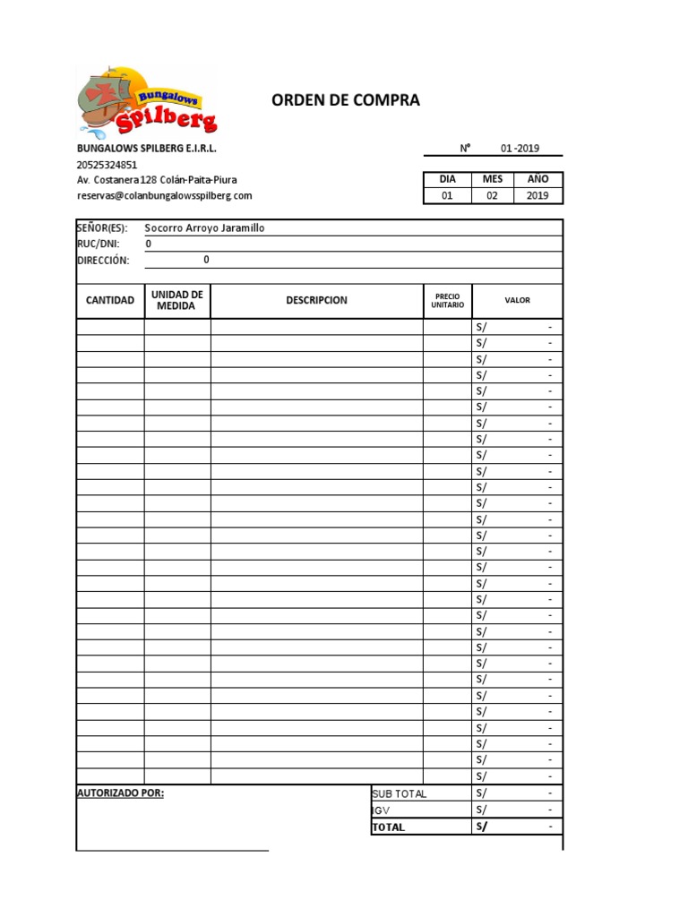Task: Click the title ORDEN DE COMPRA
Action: click(x=346, y=100)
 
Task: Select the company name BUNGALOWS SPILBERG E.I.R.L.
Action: click(x=147, y=149)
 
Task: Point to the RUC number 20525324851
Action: click(x=107, y=165)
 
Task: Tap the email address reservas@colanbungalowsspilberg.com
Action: click(x=165, y=195)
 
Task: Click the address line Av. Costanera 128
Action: click(x=157, y=180)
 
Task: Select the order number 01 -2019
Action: click(x=520, y=149)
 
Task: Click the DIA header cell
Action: click(x=447, y=179)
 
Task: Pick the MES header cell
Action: click(x=493, y=179)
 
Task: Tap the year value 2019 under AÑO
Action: click(x=537, y=195)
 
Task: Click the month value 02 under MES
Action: click(x=493, y=195)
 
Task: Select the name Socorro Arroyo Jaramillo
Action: click(x=204, y=228)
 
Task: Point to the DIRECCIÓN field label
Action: click(x=103, y=261)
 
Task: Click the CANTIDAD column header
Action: click(x=110, y=300)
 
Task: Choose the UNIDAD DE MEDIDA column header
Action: click(x=177, y=300)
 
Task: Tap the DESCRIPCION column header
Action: click(x=316, y=300)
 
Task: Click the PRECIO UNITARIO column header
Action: click(x=447, y=300)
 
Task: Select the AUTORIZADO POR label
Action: click(x=121, y=793)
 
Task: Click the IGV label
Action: click(x=382, y=810)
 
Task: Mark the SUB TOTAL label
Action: click(x=400, y=793)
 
